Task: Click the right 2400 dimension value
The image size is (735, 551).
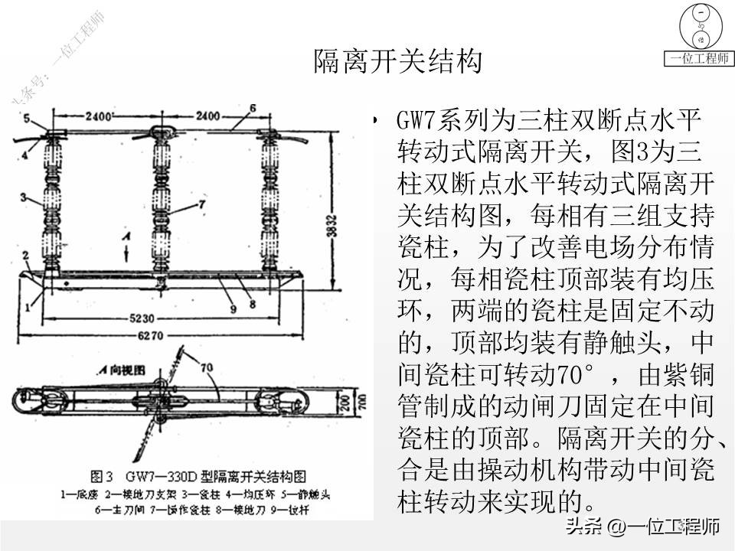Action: click(x=206, y=116)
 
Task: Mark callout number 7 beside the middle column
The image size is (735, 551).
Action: click(x=202, y=204)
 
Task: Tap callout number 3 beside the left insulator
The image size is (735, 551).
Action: click(x=24, y=197)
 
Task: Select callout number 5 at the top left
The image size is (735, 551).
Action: click(x=24, y=118)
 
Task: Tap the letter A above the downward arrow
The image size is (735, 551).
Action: click(x=130, y=238)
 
